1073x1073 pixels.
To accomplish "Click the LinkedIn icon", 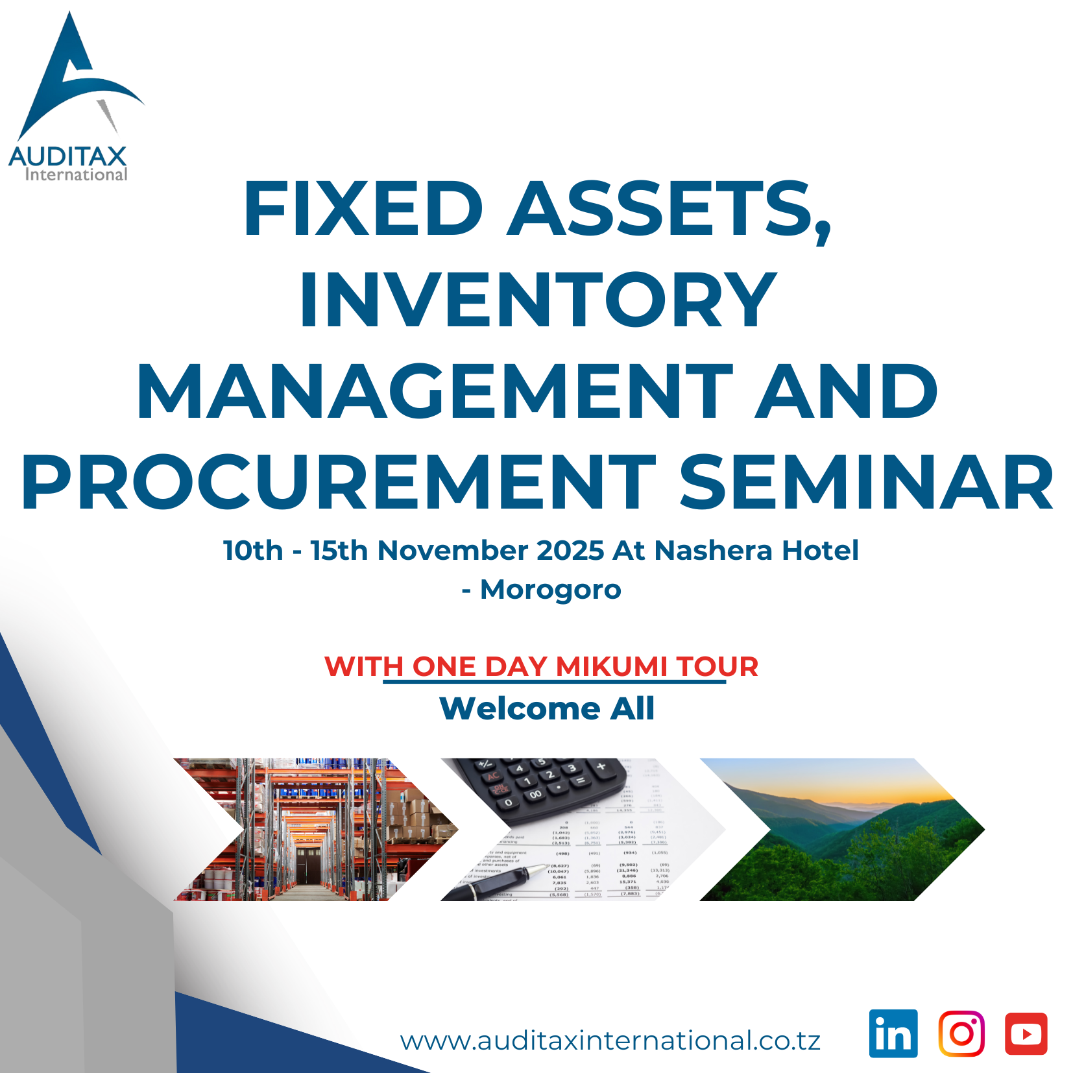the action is (893, 1033).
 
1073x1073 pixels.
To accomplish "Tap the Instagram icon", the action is (961, 1033).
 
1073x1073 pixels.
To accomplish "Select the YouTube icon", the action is (1026, 1033).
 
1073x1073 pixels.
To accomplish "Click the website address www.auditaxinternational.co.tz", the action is (610, 1041).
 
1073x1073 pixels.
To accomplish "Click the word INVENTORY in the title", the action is (538, 299).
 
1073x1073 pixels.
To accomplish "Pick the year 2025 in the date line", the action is (570, 550).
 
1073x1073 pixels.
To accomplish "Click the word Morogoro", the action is (551, 589).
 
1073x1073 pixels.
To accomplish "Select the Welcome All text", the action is (547, 708).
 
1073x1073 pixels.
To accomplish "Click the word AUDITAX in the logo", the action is (68, 156).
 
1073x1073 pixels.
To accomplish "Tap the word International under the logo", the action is (76, 174).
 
